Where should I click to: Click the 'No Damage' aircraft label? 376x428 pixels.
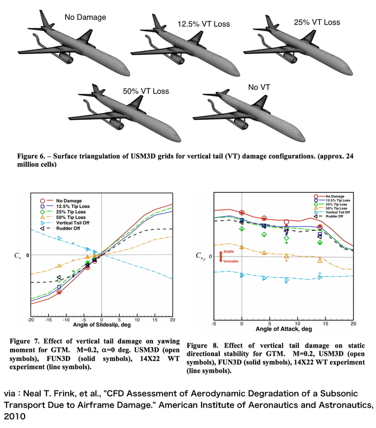[86, 18]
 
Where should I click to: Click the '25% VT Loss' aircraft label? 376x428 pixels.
[317, 22]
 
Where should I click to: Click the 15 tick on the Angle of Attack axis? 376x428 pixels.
[323, 324]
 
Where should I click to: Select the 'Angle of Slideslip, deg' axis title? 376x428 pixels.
[102, 328]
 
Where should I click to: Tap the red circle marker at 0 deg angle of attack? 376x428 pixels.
[242, 213]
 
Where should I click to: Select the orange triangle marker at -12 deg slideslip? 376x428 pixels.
[59, 266]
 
